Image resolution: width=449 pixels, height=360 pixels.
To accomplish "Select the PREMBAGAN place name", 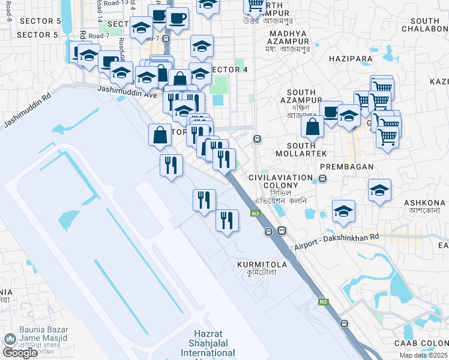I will pos(346,166).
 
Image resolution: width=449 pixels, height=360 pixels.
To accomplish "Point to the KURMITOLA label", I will pos(261,264).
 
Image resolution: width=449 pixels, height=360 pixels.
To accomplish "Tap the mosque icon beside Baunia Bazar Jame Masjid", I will pos(10,339).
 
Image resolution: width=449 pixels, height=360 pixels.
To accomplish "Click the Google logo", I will pos(20,353).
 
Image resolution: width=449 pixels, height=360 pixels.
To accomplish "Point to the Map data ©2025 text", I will pos(423,355).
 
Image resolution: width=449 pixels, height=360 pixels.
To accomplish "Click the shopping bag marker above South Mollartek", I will pos(312,128).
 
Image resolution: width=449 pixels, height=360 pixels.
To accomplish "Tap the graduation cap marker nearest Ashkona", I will pos(379,191).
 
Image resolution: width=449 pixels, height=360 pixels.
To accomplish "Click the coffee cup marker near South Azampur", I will pos(330,111).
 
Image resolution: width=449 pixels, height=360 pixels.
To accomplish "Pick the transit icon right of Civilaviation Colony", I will pos(323,178).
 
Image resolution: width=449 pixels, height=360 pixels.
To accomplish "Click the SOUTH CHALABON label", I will pos(424,25).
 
